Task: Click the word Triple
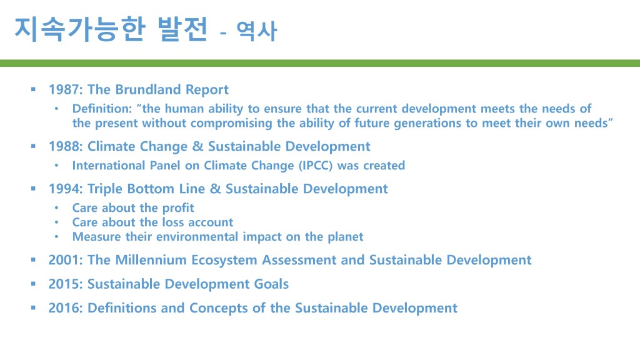click(x=105, y=189)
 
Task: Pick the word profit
click(x=178, y=207)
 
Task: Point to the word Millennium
click(x=151, y=260)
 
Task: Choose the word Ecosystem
click(x=224, y=261)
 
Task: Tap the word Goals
click(x=271, y=284)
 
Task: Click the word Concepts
click(x=218, y=308)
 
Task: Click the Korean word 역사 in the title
click(x=257, y=31)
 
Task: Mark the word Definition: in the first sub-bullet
click(x=102, y=109)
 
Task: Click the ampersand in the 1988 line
click(x=197, y=146)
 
